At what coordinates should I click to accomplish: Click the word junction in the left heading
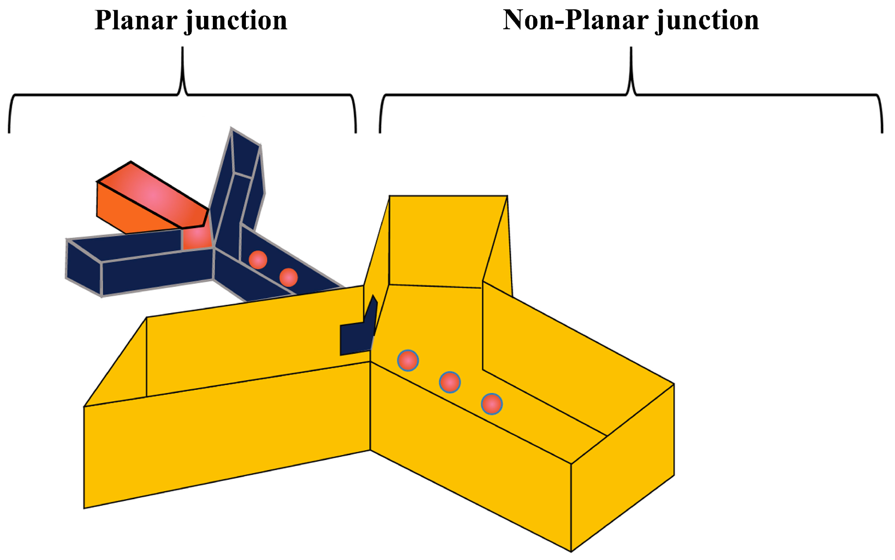[x=236, y=21]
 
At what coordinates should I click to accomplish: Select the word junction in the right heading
[x=708, y=21]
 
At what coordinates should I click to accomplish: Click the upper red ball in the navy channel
[x=258, y=260]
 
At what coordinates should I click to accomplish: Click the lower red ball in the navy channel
[x=289, y=277]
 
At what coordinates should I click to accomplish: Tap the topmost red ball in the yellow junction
[x=408, y=360]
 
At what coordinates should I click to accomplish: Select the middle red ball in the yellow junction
[x=450, y=382]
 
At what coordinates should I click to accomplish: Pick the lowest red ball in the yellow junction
[x=492, y=404]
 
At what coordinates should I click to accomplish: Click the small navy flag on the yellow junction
[x=356, y=337]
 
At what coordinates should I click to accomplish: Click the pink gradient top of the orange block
[x=152, y=195]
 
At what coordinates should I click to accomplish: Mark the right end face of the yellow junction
[x=622, y=467]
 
